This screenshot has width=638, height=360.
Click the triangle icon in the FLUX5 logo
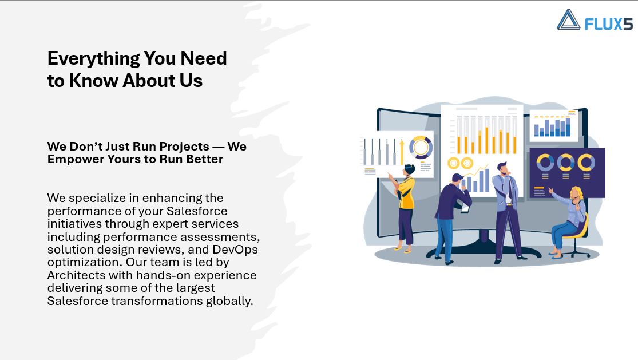[x=568, y=20]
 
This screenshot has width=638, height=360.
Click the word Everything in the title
[x=94, y=59]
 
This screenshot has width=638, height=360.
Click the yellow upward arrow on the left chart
[x=402, y=151]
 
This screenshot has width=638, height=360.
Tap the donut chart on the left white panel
[x=421, y=147]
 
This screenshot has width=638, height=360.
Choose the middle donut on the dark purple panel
[x=565, y=163]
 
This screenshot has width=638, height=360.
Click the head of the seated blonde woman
[x=576, y=193]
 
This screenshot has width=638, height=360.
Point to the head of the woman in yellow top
[x=409, y=169]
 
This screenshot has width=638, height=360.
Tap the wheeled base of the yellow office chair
[x=574, y=252]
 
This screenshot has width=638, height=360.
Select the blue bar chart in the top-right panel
[x=552, y=127]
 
